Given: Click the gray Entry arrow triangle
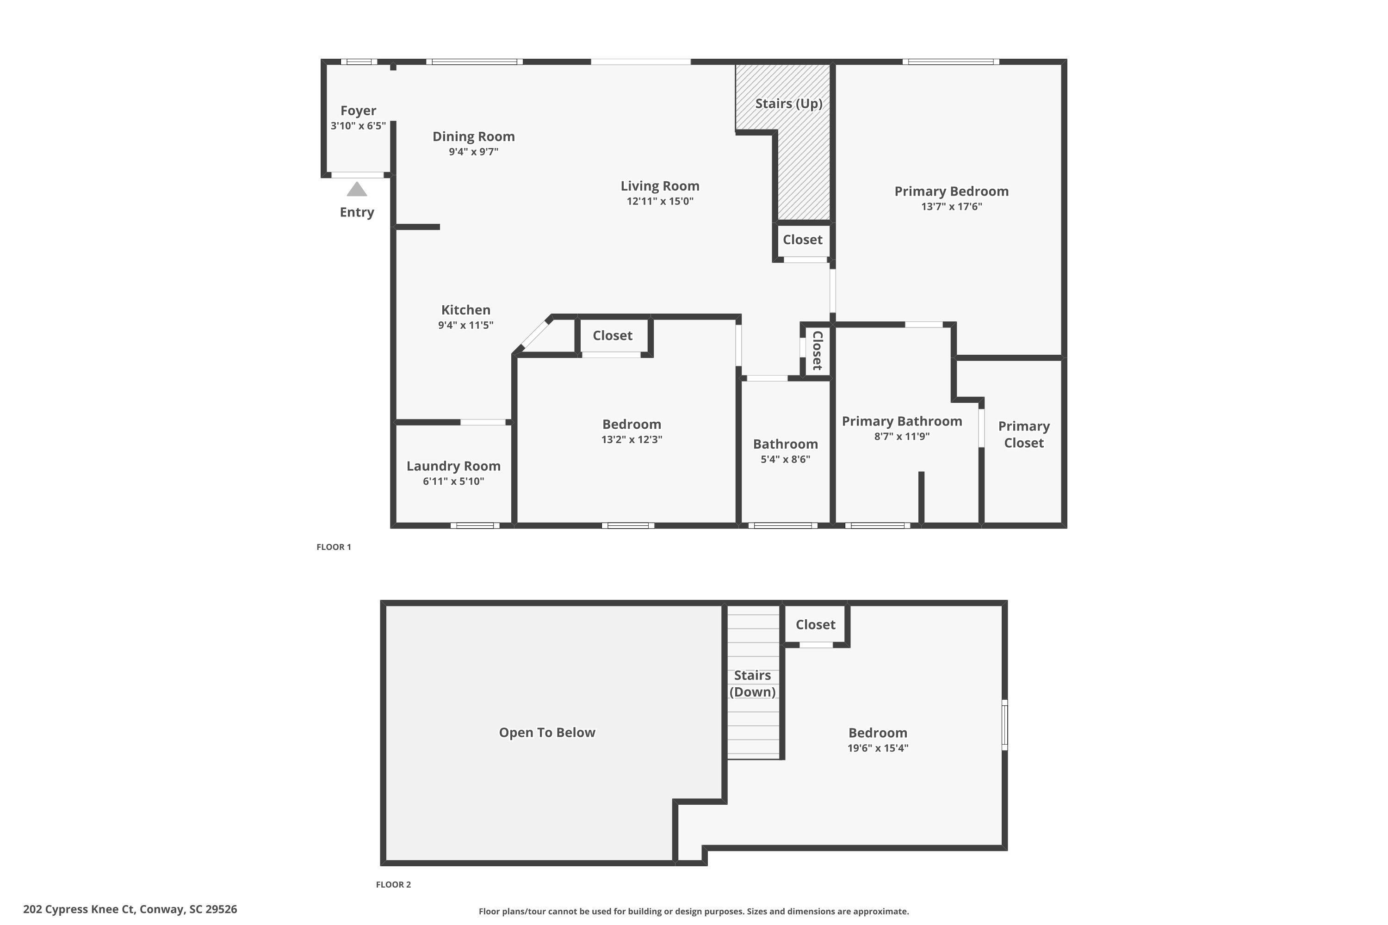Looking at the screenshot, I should coord(356,189).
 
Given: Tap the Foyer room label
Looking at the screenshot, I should coord(358,111).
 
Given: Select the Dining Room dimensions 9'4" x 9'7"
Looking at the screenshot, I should coord(473,152).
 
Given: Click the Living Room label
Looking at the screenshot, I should coord(660,186).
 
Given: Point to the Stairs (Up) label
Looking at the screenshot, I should coord(788,104).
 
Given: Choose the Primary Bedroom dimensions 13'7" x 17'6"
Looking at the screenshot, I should coord(951,206).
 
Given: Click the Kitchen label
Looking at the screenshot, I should coord(465,310).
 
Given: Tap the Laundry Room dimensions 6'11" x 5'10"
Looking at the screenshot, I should coord(453,481).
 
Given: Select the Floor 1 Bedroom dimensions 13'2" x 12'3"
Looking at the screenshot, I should coord(632,439).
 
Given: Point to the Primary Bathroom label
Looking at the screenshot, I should coord(902,421).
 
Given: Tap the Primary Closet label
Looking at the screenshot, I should coord(1023,435).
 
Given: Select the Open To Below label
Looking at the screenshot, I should coord(547,733).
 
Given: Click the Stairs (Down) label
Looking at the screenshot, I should coord(752,684).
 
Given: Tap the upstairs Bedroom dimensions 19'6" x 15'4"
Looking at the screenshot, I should coord(878,748).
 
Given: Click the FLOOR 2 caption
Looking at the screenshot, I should coord(393,884).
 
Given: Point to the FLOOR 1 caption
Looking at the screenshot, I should coord(334,547).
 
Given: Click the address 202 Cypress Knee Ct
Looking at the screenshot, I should coord(130,909).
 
